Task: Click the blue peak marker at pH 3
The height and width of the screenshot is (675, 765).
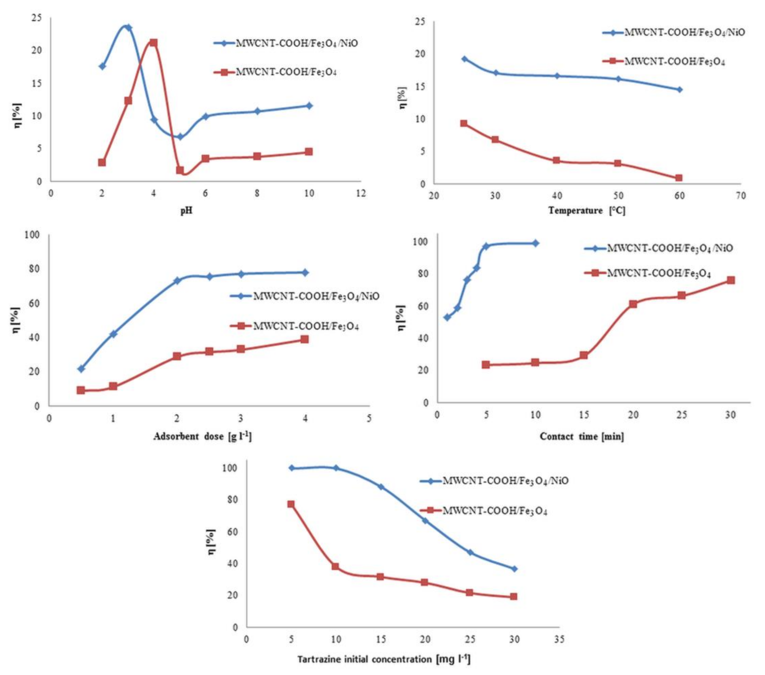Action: [128, 27]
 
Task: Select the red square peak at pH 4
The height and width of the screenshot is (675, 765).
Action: [153, 43]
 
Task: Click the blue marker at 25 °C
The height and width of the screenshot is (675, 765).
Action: [465, 59]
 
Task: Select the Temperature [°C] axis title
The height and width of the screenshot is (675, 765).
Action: [586, 210]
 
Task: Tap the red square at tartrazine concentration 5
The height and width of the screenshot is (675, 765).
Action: [291, 504]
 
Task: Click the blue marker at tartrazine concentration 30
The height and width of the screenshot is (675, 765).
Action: [514, 569]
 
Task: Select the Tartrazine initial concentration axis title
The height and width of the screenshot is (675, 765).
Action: [384, 659]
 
